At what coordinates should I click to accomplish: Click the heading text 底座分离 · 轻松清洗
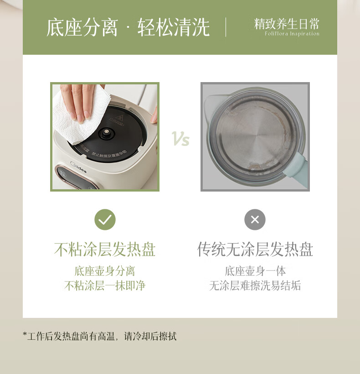[x=128, y=27]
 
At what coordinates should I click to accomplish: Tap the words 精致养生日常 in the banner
[x=287, y=24]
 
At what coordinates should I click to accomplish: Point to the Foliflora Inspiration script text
[x=292, y=34]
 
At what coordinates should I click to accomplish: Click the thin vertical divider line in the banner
[x=226, y=27]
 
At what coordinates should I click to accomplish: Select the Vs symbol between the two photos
[x=180, y=139]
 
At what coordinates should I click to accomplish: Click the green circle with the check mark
[x=105, y=219]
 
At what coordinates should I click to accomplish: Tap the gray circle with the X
[x=255, y=219]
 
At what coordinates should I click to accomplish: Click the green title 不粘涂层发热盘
[x=105, y=249]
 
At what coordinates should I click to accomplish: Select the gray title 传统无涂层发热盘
[x=255, y=249]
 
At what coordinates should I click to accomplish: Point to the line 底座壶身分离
[x=105, y=271]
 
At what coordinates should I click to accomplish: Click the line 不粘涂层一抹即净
[x=105, y=286]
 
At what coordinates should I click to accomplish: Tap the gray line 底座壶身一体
[x=255, y=271]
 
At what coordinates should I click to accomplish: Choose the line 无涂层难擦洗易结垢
[x=255, y=286]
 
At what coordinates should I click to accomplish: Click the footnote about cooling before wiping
[x=100, y=337]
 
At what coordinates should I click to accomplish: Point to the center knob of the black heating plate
[x=106, y=132]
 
